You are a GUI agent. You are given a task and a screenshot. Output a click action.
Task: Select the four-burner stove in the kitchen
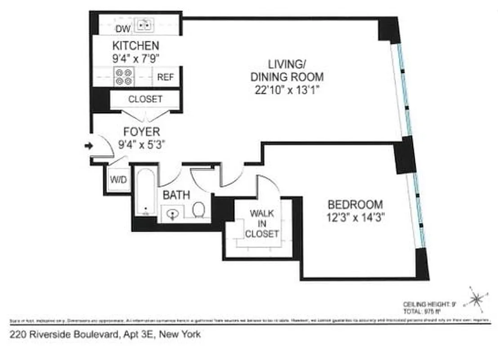tap(124, 76)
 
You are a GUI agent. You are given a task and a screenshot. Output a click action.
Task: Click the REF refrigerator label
tap(165, 77)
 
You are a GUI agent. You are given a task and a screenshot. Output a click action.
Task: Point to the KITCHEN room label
tap(135, 45)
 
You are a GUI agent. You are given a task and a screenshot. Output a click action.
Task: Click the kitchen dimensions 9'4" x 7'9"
tap(135, 58)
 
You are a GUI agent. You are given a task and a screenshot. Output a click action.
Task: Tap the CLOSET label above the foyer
tap(145, 99)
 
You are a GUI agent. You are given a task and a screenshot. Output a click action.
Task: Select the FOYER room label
tap(142, 132)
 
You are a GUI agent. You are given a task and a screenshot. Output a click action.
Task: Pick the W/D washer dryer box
tap(118, 180)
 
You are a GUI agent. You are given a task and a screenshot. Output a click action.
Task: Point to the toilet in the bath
tap(199, 209)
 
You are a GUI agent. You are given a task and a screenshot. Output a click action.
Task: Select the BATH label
tap(176, 195)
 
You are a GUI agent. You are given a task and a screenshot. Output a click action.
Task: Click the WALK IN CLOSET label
tap(262, 223)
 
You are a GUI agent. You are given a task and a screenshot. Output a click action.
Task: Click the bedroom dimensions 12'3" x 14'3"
tap(356, 217)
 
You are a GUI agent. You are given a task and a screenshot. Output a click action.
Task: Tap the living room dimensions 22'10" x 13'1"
tap(287, 90)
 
